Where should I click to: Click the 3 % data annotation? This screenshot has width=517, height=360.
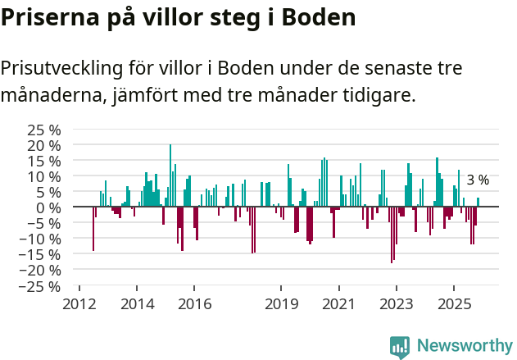click(478, 180)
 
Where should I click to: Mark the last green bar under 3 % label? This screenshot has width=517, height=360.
click(478, 203)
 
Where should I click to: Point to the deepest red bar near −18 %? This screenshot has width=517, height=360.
click(392, 235)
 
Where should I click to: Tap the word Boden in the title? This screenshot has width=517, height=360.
click(315, 18)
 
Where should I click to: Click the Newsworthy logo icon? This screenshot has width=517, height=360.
click(400, 347)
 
